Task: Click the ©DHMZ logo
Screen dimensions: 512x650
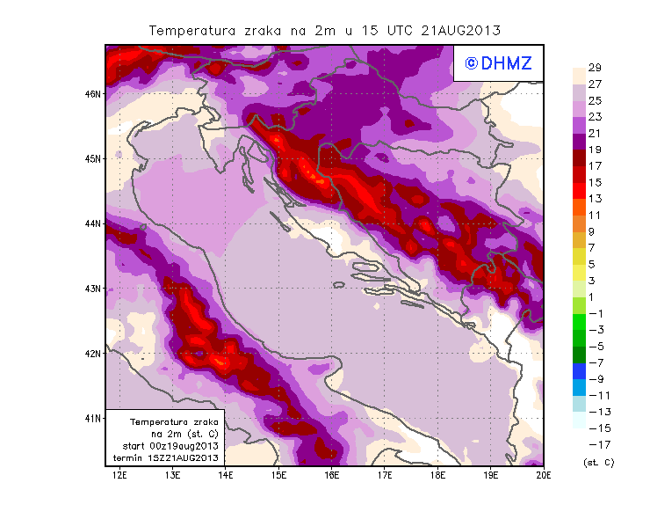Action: coord(499,62)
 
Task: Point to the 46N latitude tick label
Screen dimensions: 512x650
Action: coord(93,93)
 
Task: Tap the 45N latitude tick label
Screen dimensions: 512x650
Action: coord(93,158)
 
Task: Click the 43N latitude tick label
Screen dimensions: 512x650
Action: coord(93,288)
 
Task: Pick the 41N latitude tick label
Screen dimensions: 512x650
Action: coord(93,418)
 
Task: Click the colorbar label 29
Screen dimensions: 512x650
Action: coord(594,68)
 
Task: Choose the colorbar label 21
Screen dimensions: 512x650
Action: coord(594,133)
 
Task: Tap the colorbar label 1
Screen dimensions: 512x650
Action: coord(593,296)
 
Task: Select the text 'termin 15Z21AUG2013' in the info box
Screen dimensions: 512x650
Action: coord(168,458)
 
